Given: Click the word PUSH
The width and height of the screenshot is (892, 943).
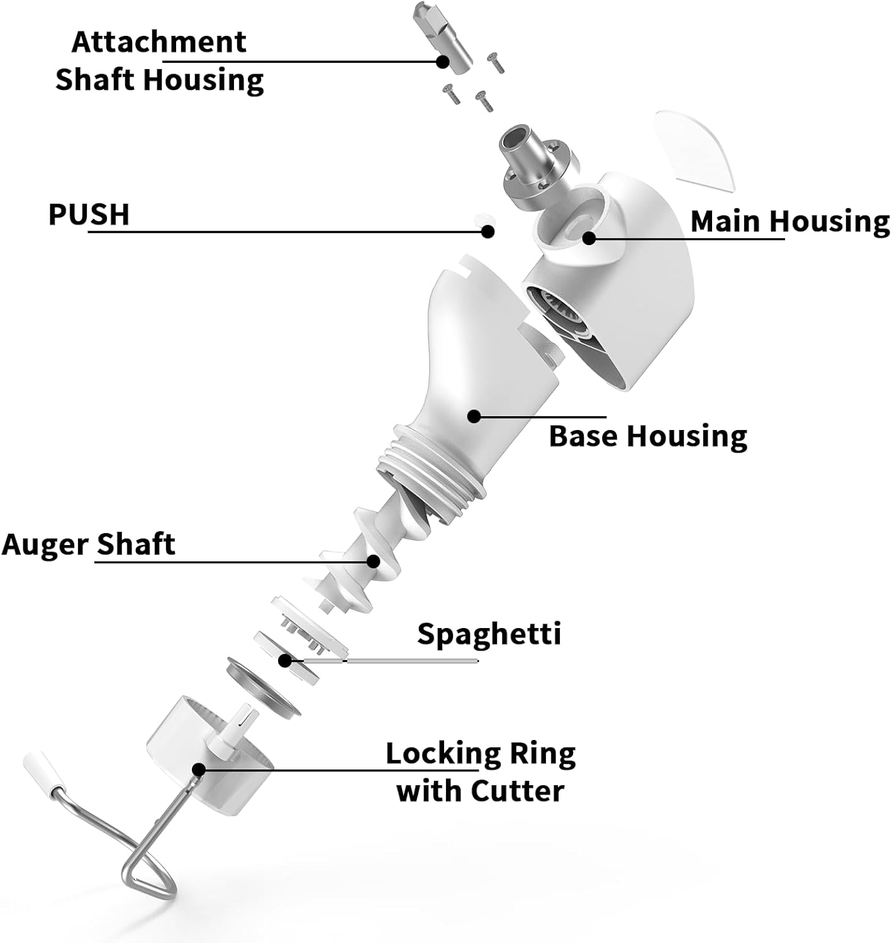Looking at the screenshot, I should pos(89,214).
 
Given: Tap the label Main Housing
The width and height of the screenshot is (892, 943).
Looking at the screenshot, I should pos(789,221).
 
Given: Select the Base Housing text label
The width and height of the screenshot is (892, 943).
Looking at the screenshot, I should pos(648,436).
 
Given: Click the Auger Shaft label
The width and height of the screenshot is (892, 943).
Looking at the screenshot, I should pos(88,544).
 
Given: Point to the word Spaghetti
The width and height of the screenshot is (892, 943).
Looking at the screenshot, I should pos(489,634).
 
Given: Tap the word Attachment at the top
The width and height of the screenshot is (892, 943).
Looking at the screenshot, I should pos(159,42).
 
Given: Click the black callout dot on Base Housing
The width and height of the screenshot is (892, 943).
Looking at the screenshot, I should pos(474,416).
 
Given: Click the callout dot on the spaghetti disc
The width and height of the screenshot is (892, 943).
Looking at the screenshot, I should pos(286,661).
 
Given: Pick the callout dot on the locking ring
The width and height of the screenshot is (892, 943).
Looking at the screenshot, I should pos(199,769).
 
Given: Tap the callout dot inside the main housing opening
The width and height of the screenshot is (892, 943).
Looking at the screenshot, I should pos(589,238).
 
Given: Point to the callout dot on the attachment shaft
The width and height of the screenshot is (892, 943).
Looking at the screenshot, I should pos(443,62).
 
